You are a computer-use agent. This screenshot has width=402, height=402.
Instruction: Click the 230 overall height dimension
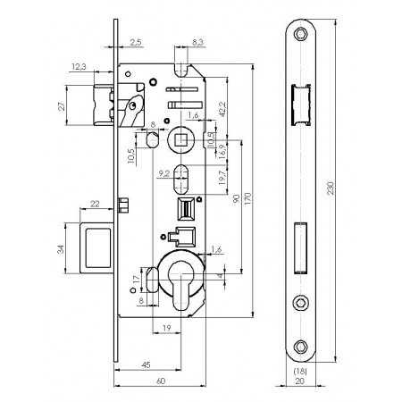point(331,188)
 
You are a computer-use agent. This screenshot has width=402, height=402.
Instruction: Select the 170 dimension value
point(247,198)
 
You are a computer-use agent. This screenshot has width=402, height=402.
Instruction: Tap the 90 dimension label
point(236,198)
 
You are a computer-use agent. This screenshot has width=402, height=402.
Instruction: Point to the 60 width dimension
point(161,381)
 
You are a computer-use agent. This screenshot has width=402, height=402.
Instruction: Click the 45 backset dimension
point(147,364)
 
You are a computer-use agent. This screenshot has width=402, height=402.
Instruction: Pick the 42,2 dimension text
point(222,109)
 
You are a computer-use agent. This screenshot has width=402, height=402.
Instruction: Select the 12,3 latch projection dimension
point(79,67)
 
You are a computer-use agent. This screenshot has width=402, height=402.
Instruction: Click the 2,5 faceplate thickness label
point(136,42)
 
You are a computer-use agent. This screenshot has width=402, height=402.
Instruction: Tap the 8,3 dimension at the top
point(197,42)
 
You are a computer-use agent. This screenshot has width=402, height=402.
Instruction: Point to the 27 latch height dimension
point(62,106)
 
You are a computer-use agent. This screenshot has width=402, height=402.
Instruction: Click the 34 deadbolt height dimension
point(61,249)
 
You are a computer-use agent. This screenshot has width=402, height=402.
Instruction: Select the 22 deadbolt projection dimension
point(95,204)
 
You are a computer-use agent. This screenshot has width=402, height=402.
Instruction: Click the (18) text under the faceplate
point(300,372)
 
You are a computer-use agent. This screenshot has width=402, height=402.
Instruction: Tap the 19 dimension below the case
point(167,328)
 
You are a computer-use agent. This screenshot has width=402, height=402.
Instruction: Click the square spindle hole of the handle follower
point(181,139)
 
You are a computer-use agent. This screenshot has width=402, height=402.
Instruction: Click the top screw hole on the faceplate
point(300,34)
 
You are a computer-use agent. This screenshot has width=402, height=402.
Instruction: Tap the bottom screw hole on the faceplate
point(300,347)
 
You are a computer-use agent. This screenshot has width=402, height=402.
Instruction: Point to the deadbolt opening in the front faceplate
point(300,247)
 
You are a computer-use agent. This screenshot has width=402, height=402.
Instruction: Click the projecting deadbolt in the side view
point(96,247)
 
